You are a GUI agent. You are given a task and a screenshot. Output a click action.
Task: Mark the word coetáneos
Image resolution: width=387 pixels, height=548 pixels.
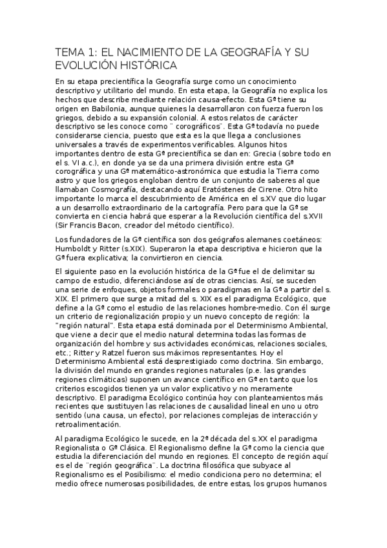pyautogui.click(x=304, y=240)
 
